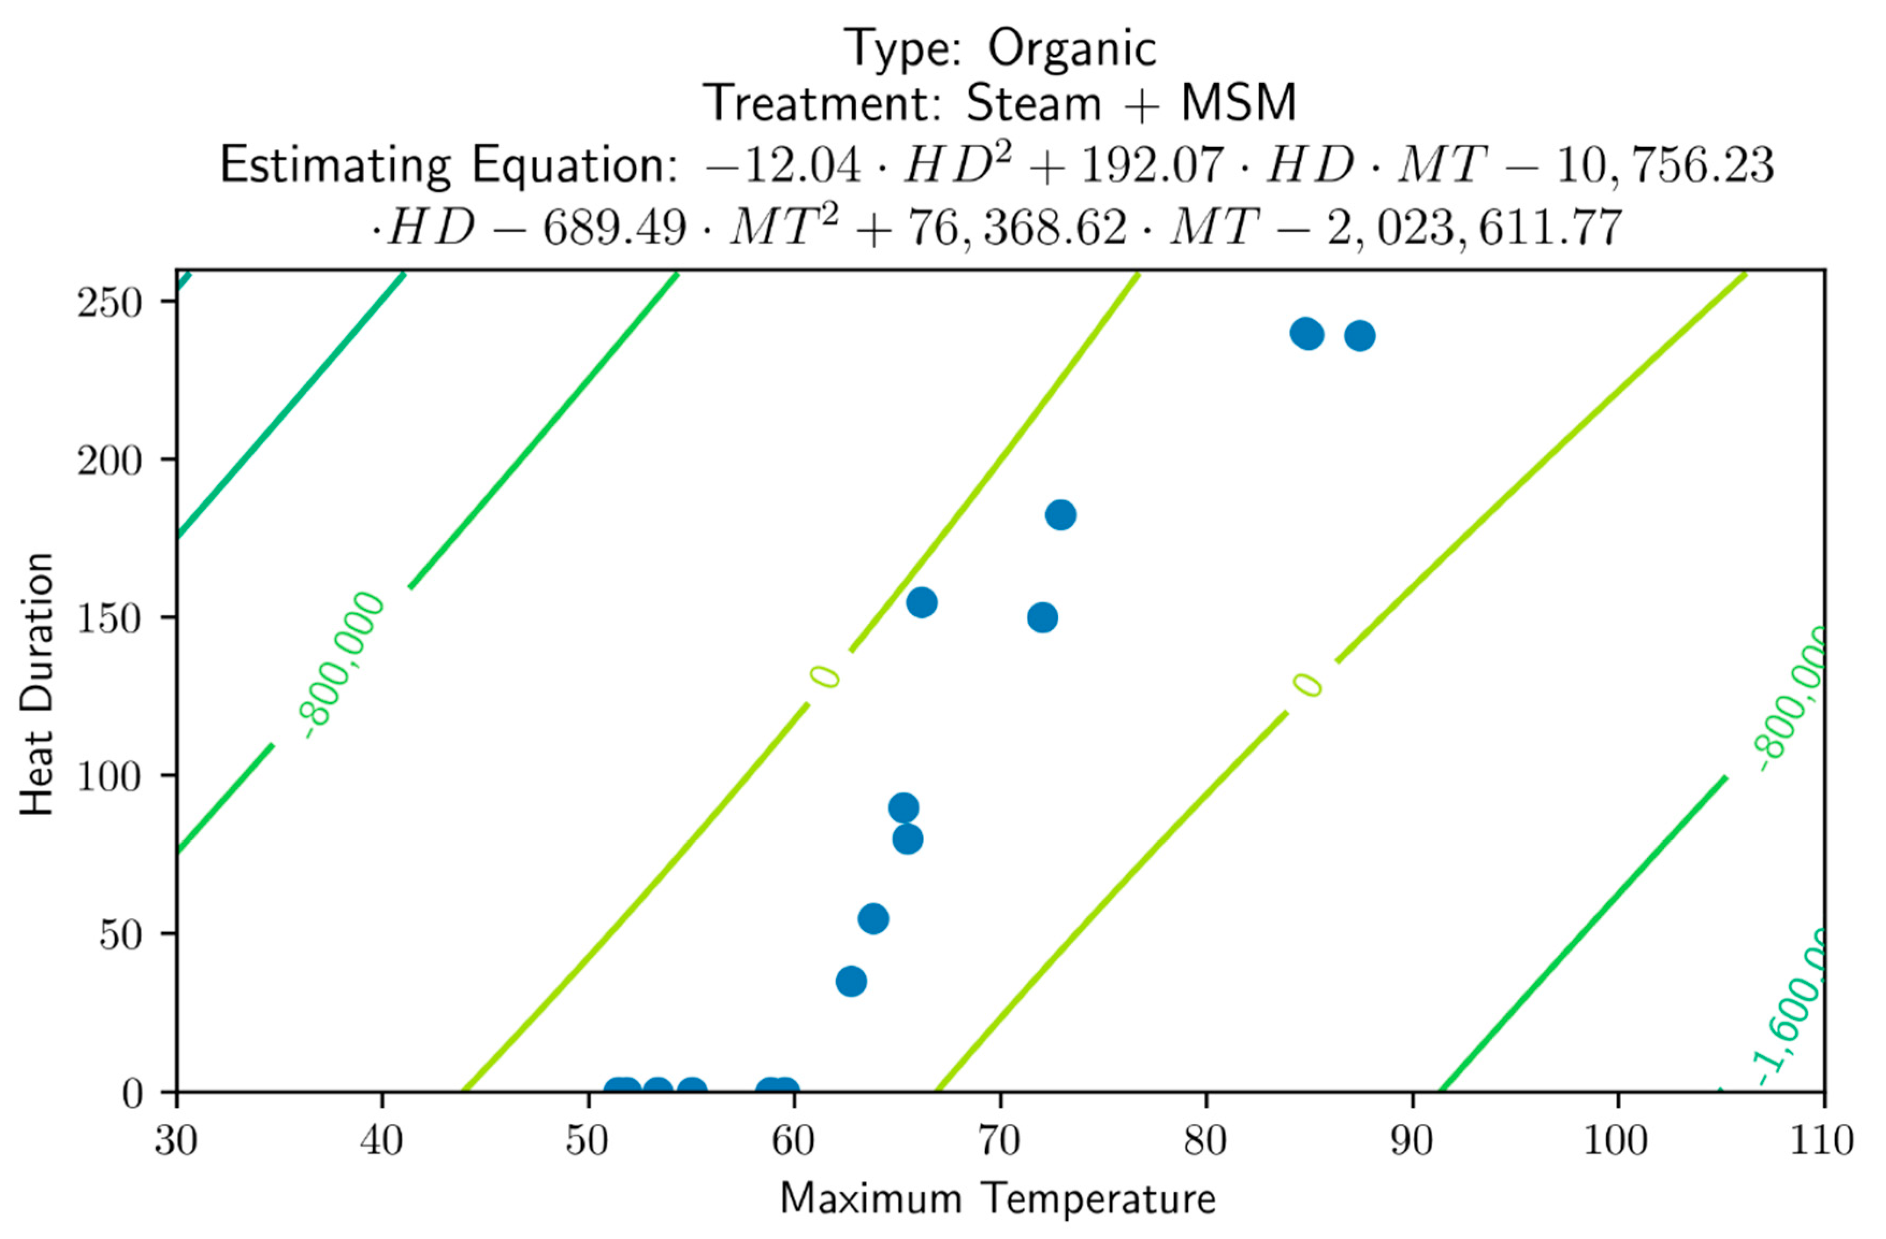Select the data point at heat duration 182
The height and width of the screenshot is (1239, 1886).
click(1060, 515)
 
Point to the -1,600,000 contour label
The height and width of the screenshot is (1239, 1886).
click(1793, 1011)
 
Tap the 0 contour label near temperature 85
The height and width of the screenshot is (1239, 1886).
click(1307, 685)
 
